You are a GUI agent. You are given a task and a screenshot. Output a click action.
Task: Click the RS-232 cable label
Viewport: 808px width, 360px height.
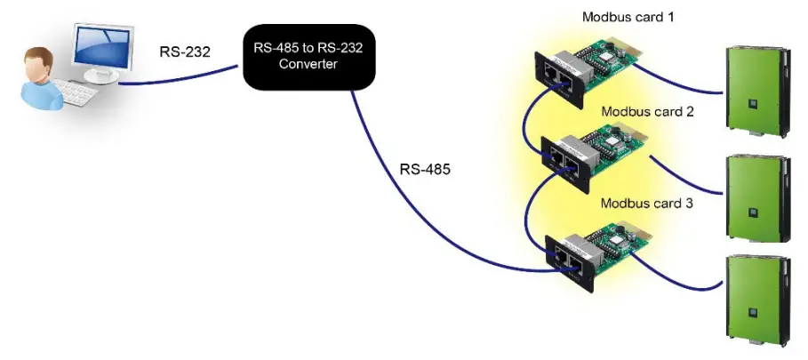(185, 52)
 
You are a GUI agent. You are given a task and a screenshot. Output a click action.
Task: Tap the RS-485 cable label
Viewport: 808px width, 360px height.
(424, 169)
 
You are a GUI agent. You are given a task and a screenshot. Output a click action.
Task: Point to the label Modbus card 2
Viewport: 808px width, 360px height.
(647, 112)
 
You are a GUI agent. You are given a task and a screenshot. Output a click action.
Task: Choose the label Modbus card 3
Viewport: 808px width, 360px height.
(646, 203)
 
